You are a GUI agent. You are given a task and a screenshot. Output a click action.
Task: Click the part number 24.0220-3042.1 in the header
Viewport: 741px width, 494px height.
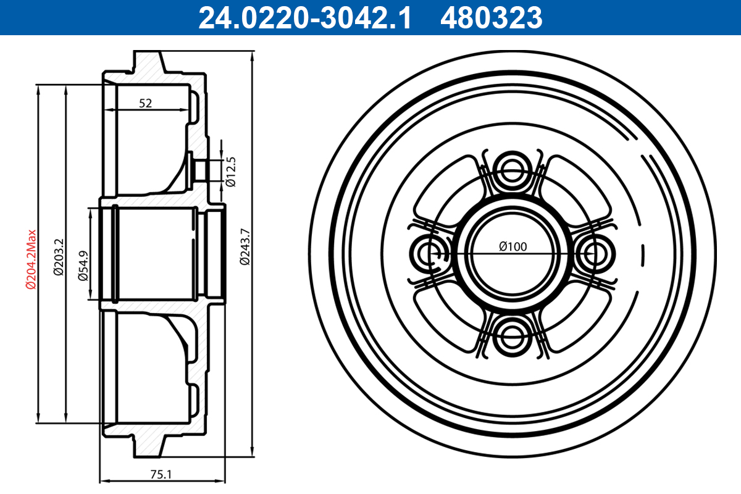[304, 18]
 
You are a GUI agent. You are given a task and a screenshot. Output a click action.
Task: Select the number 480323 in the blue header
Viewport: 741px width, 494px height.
[491, 18]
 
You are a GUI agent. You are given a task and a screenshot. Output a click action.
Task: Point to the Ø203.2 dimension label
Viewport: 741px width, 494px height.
[58, 256]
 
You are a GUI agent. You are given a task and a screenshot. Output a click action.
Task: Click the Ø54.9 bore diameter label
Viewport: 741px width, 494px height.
[83, 266]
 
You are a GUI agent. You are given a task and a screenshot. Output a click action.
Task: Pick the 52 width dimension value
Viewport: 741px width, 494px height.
[145, 103]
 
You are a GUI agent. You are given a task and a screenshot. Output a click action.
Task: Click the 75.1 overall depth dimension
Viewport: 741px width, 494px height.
[161, 474]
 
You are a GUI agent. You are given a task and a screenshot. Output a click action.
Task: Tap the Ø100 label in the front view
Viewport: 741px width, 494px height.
[513, 246]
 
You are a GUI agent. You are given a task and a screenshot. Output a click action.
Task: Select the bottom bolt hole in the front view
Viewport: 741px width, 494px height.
[512, 337]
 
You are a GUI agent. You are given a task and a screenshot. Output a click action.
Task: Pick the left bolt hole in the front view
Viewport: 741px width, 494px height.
[427, 253]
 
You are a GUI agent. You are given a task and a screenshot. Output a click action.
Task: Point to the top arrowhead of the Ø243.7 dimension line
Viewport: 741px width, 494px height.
[253, 56]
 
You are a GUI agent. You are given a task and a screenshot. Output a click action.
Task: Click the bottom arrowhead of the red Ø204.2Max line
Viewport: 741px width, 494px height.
[38, 419]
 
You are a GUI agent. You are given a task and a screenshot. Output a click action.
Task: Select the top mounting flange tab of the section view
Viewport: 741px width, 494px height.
[148, 62]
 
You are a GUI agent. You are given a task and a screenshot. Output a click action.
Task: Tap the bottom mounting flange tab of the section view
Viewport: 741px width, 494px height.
[148, 447]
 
